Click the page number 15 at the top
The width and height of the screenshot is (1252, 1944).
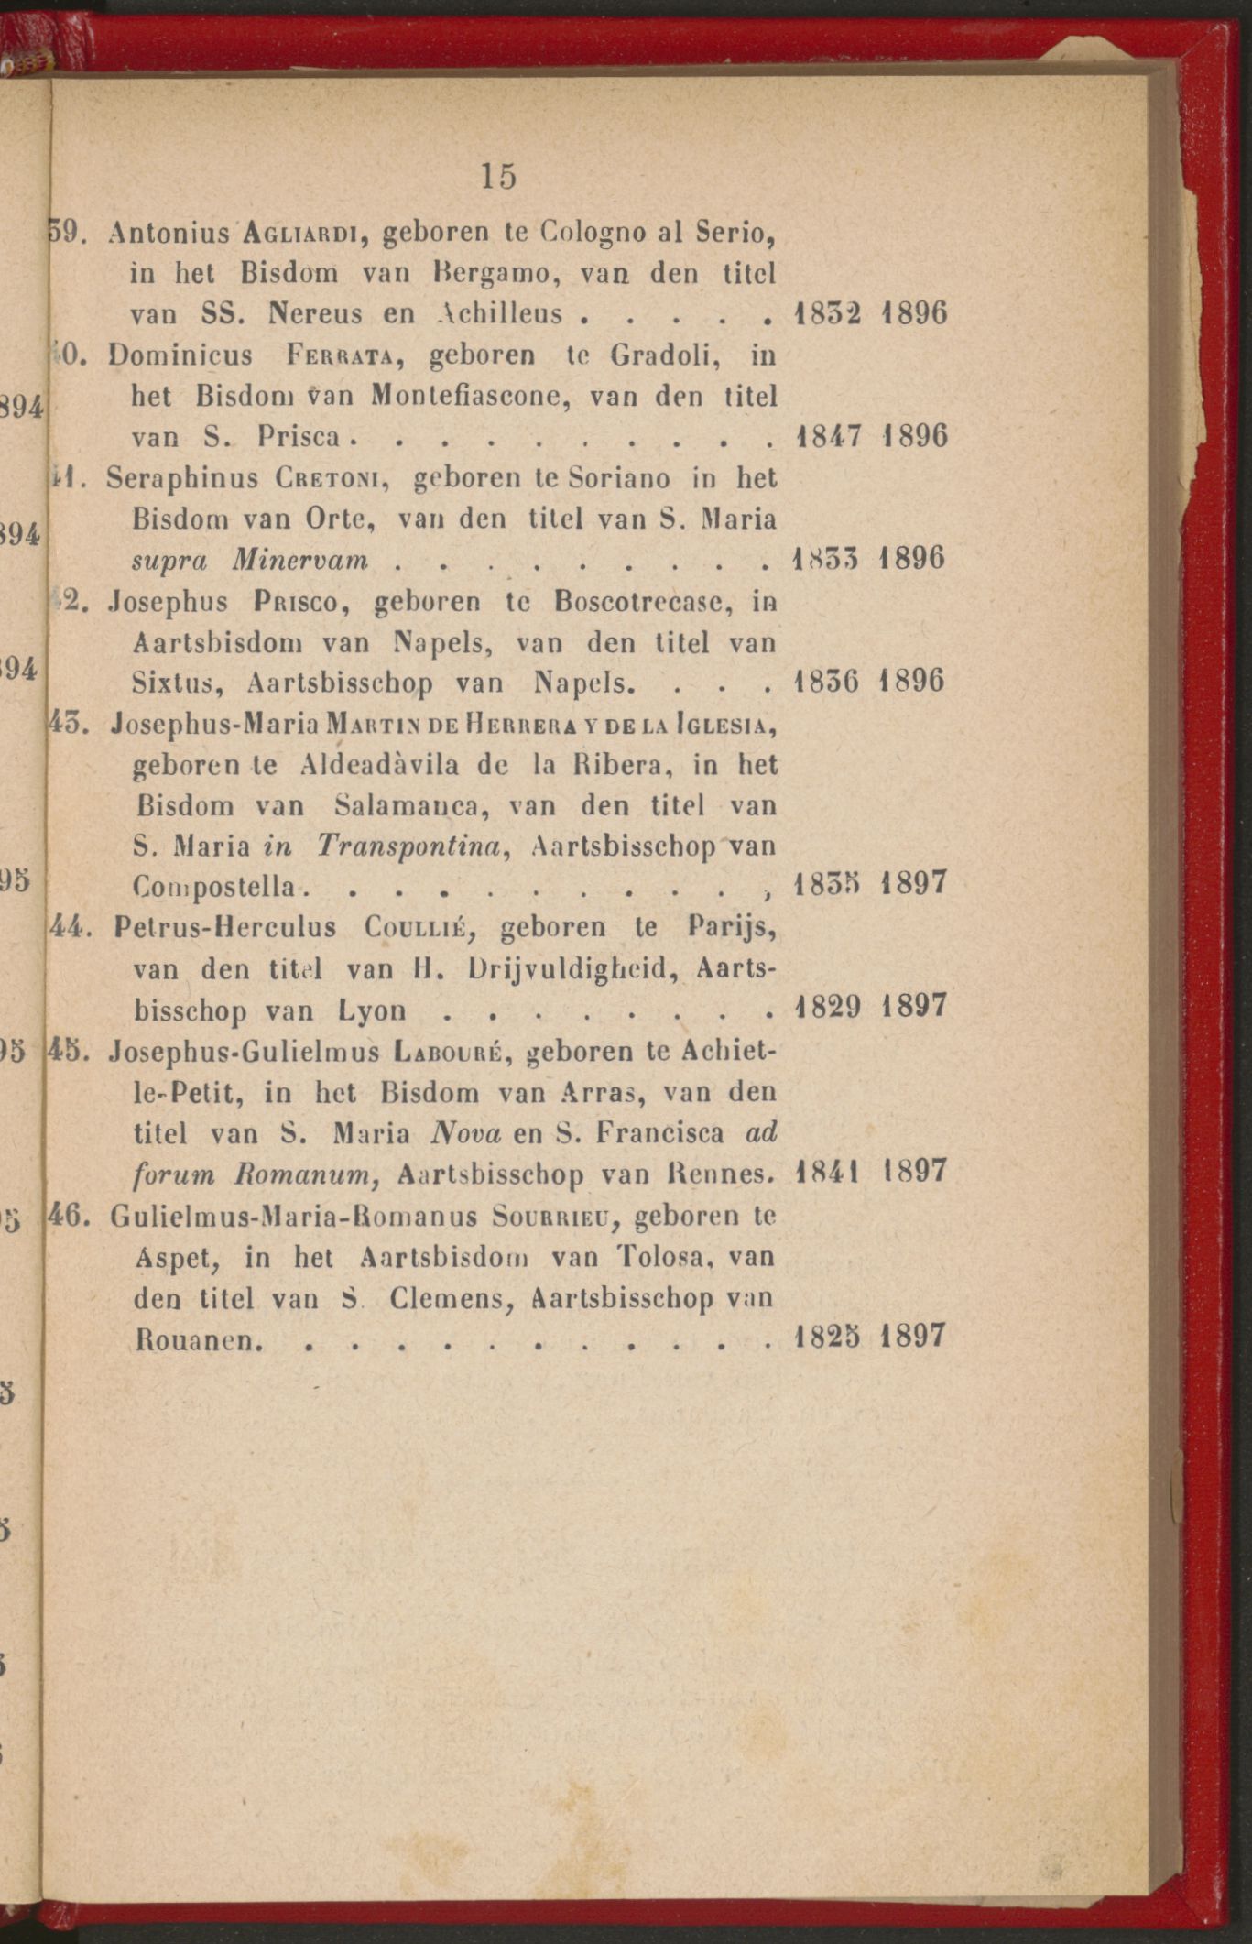pyautogui.click(x=498, y=175)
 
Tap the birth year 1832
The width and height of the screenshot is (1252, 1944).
pyautogui.click(x=828, y=314)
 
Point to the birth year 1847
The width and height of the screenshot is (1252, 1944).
pyautogui.click(x=828, y=436)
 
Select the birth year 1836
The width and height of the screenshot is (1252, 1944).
pyautogui.click(x=827, y=682)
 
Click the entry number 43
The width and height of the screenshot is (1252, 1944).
pyautogui.click(x=67, y=724)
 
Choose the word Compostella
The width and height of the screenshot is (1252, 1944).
pyautogui.click(x=215, y=887)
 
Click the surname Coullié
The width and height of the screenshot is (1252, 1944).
pyautogui.click(x=418, y=927)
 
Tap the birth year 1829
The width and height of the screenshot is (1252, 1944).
pyautogui.click(x=828, y=1008)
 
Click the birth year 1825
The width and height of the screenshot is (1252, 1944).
pyautogui.click(x=827, y=1337)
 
